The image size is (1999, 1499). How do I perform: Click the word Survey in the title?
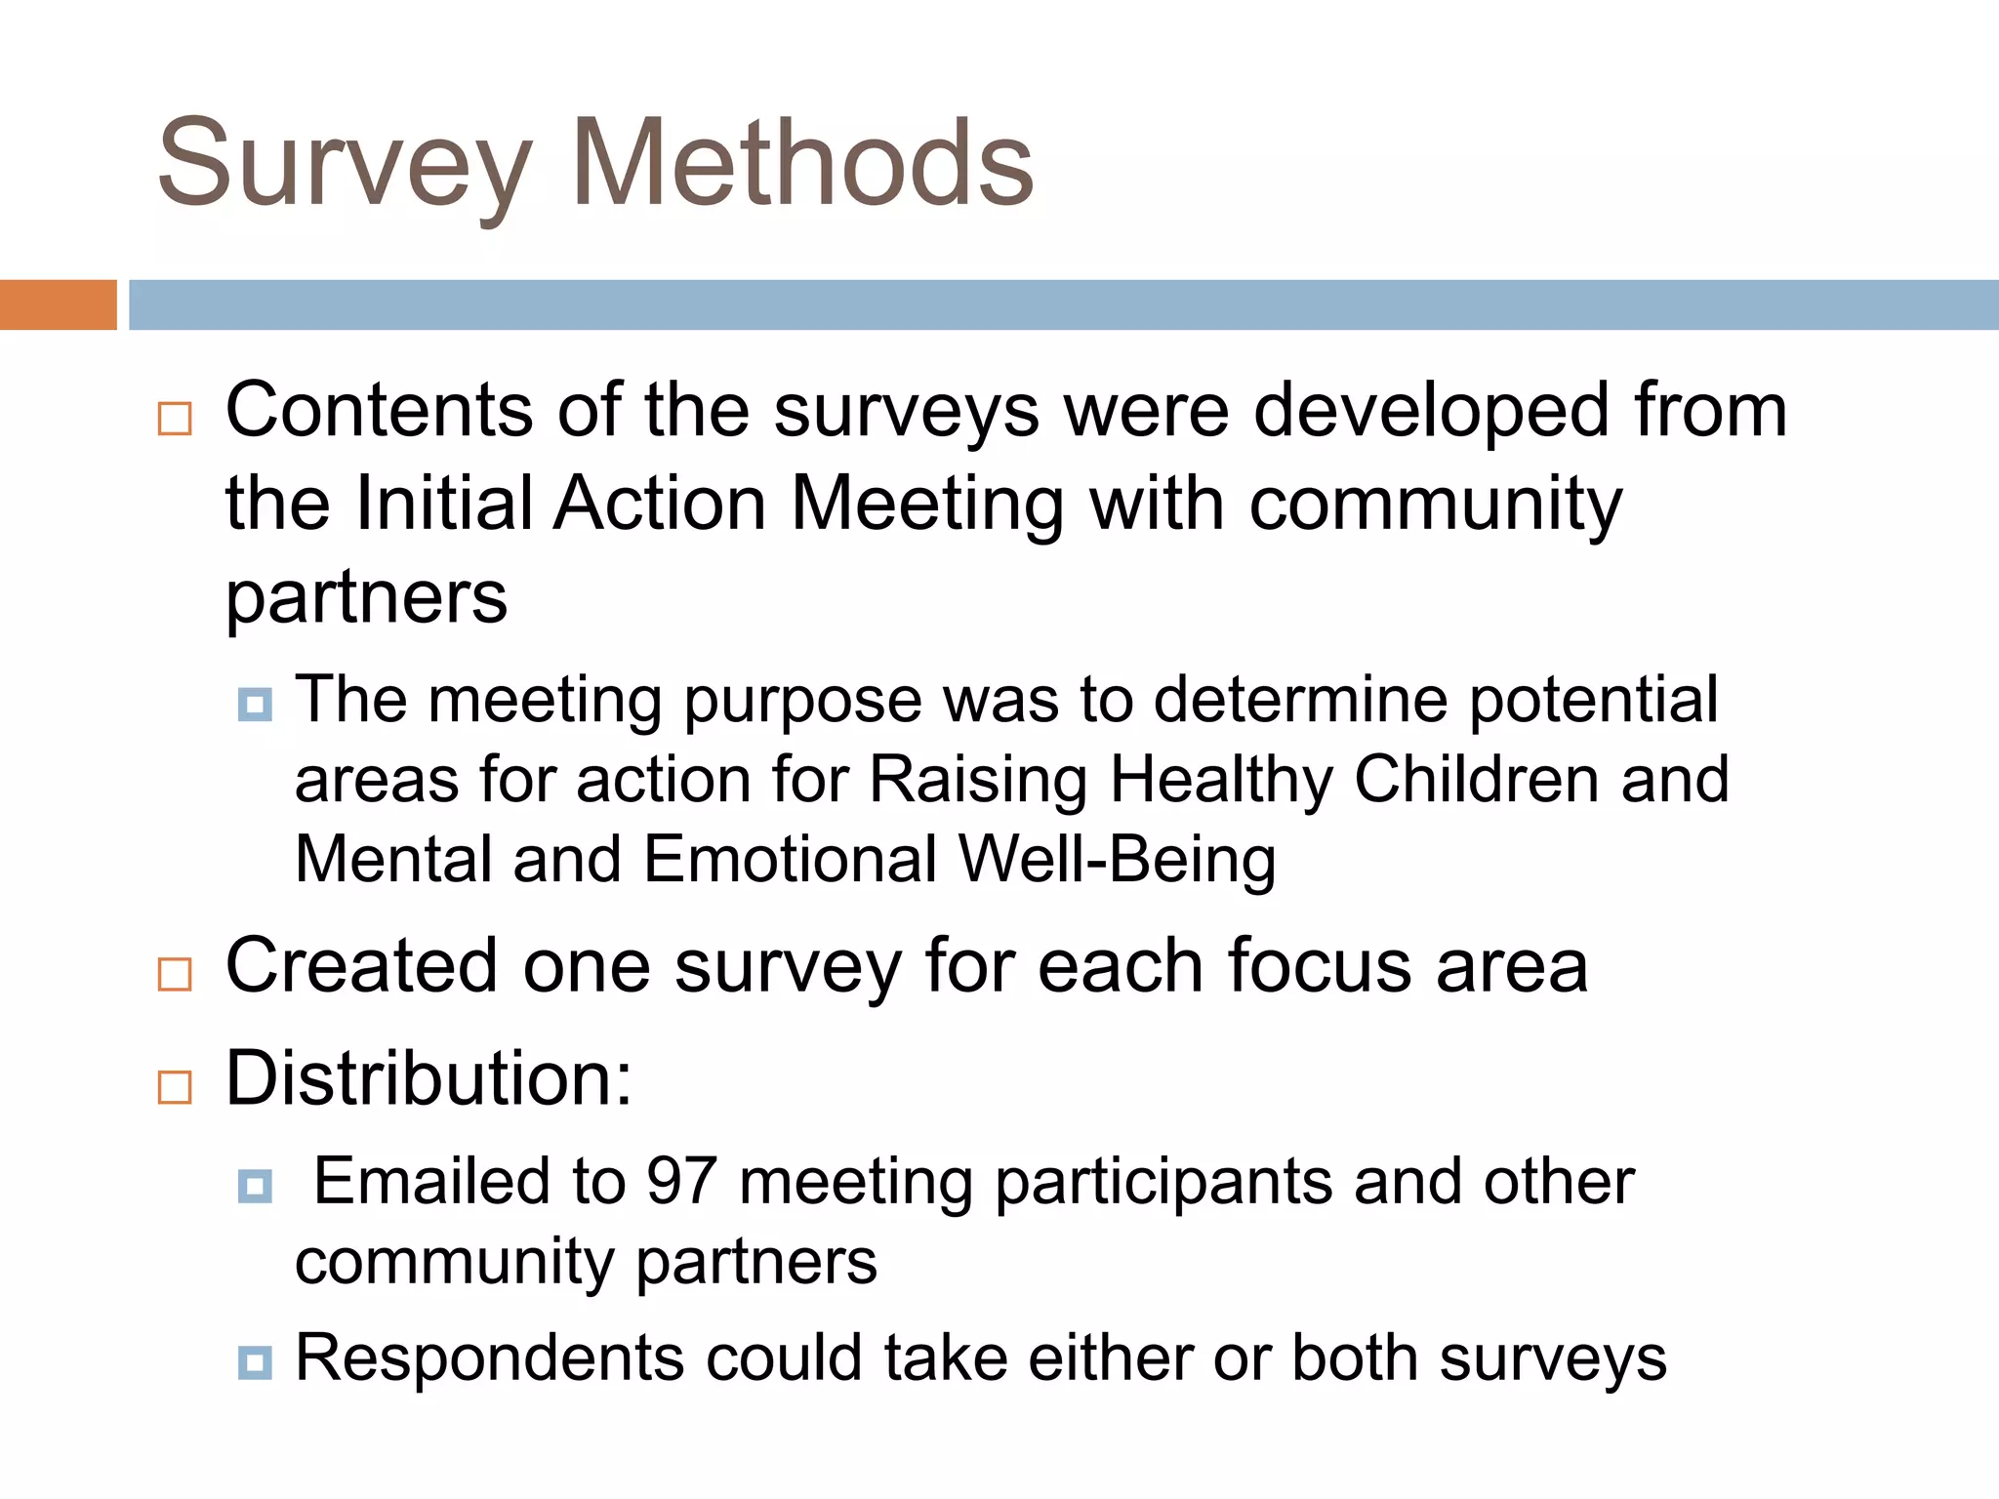(x=344, y=164)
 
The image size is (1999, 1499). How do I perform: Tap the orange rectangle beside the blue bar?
(x=58, y=304)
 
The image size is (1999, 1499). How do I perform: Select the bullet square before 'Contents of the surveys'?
(x=175, y=419)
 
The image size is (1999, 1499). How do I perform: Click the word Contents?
(x=379, y=410)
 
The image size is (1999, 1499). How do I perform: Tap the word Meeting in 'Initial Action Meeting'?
(x=926, y=506)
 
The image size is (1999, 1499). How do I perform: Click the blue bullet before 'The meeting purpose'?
(x=255, y=704)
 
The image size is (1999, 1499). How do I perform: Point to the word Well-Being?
(x=1117, y=861)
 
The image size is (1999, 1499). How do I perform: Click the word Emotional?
(x=791, y=861)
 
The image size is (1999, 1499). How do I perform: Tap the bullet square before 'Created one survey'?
(x=175, y=974)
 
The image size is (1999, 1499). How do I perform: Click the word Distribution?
(x=428, y=1078)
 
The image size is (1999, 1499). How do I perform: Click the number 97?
(x=681, y=1182)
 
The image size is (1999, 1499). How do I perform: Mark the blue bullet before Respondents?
(x=255, y=1361)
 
